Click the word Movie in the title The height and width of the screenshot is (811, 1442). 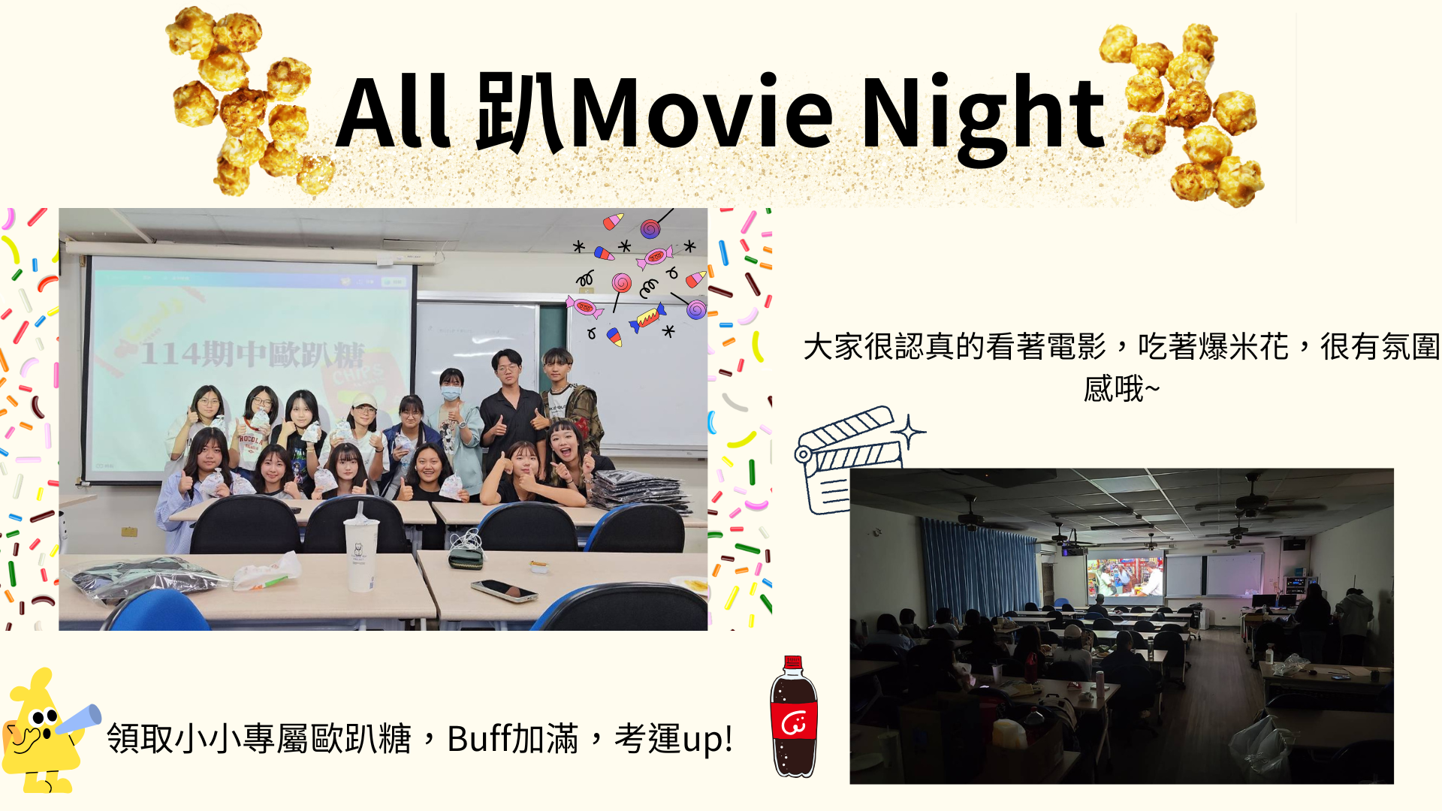point(702,113)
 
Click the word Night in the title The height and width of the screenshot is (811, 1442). point(984,116)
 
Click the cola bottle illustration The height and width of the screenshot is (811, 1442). point(794,717)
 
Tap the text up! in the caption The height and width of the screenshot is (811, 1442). point(707,740)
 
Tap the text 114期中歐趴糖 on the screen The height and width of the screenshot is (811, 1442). point(252,354)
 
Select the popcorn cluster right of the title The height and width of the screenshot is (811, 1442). point(1187,113)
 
